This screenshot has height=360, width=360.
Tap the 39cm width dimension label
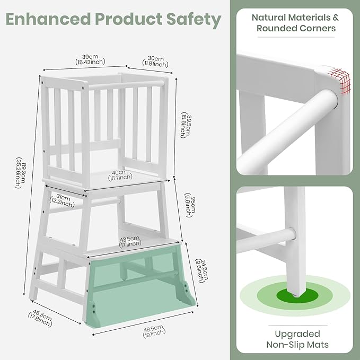tap(90, 59)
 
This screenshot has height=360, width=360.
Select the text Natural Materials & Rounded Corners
tap(295, 23)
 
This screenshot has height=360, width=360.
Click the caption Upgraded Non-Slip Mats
tap(297, 339)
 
